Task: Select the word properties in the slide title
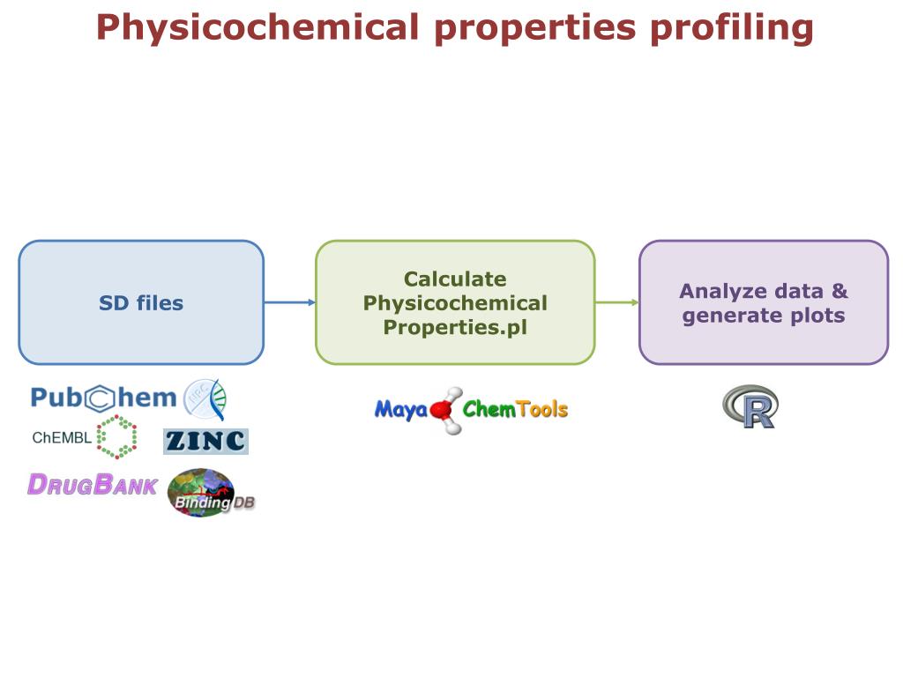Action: pos(534,28)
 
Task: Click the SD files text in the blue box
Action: pos(141,303)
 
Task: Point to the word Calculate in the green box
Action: pos(455,279)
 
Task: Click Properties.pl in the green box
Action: pos(455,328)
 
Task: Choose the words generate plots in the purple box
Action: pos(764,316)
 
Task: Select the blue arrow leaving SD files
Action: pos(289,302)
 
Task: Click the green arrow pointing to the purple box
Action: pos(616,302)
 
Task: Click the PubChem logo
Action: pos(104,398)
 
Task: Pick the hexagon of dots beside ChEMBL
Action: pos(116,437)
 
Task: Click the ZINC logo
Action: pos(205,441)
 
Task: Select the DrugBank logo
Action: pos(92,485)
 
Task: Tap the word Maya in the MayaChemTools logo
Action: pos(401,410)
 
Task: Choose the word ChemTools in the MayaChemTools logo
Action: pos(515,410)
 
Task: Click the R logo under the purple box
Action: pos(750,406)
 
